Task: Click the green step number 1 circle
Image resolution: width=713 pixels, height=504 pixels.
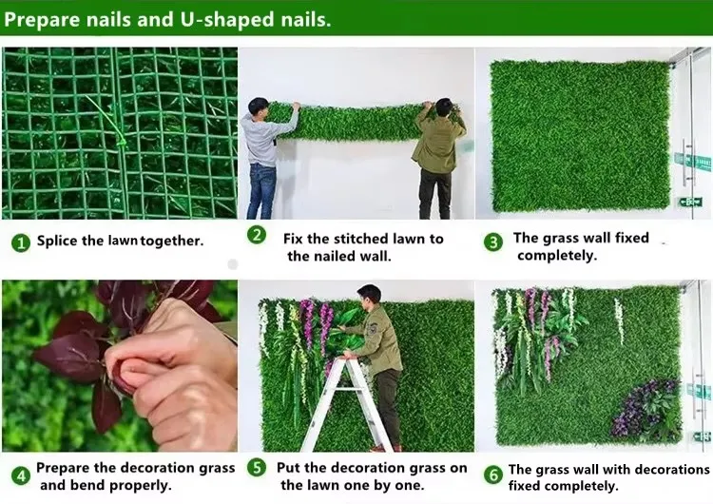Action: click(21, 242)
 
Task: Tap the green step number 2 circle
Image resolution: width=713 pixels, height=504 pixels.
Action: click(257, 235)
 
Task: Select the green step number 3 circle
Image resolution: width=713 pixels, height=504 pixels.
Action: click(493, 242)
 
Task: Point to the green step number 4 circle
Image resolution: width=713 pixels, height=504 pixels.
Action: click(21, 476)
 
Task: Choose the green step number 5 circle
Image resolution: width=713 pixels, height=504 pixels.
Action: click(257, 468)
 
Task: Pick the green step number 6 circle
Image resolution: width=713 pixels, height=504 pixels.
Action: click(493, 475)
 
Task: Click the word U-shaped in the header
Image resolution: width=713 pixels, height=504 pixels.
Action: click(227, 20)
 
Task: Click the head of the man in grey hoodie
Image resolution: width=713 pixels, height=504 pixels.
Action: click(259, 107)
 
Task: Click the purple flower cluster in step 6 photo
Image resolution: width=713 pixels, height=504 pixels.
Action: click(646, 410)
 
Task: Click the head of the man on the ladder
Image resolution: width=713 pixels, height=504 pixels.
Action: click(369, 295)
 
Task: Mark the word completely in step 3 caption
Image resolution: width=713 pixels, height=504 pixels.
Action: click(557, 256)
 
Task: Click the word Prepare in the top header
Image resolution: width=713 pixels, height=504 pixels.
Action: click(42, 21)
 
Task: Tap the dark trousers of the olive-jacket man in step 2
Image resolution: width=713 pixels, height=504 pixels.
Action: click(435, 193)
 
